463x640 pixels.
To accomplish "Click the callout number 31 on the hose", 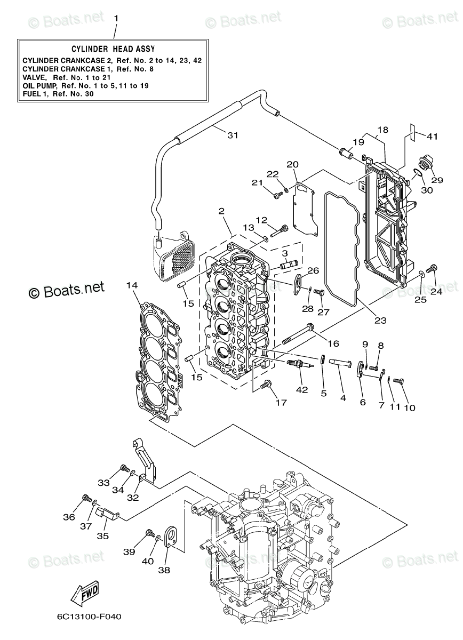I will click(x=232, y=135).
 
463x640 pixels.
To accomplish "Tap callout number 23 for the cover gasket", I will click(x=380, y=321).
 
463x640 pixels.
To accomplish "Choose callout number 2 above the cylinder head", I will click(x=221, y=211).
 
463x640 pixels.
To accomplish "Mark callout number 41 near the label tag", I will click(x=432, y=137).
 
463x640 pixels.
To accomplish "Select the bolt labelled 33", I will click(x=124, y=469).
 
